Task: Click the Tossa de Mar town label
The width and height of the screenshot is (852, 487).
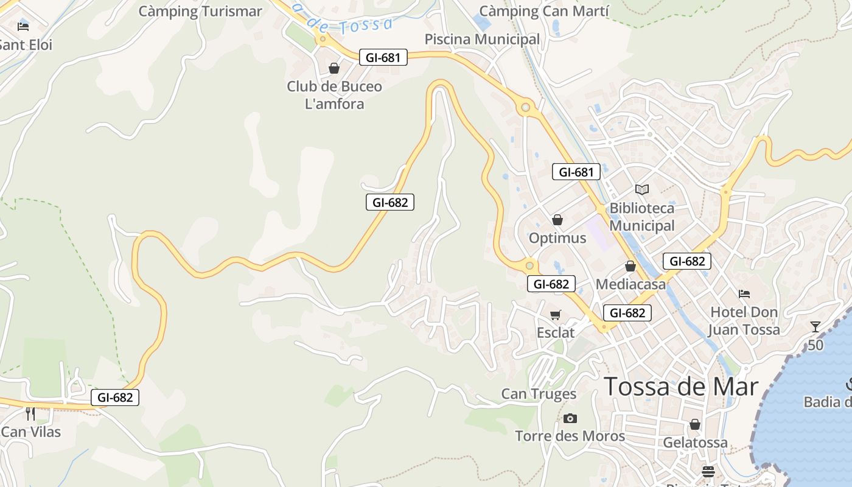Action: (681, 387)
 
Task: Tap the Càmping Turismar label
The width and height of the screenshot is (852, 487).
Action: (200, 11)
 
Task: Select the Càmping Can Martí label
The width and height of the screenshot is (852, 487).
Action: (544, 11)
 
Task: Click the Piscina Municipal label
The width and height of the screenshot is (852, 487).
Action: (482, 39)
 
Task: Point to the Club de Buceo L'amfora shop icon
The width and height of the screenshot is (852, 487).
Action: (334, 68)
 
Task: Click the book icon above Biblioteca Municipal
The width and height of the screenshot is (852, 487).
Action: (642, 189)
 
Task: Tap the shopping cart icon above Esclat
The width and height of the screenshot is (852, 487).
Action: (555, 315)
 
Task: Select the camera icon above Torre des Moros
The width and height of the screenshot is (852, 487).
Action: (570, 418)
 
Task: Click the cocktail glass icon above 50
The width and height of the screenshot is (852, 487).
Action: (815, 327)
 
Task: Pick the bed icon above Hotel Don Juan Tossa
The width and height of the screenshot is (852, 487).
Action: (744, 294)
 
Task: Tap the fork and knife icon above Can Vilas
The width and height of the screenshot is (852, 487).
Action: (30, 414)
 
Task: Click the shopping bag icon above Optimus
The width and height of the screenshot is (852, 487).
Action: (557, 220)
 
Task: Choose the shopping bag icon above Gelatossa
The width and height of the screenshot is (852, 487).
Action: (695, 424)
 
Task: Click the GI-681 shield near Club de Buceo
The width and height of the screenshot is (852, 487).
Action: (383, 58)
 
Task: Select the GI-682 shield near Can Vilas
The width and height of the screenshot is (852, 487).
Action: (115, 398)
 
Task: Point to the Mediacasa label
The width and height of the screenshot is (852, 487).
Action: (630, 284)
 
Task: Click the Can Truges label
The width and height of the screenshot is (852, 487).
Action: (539, 394)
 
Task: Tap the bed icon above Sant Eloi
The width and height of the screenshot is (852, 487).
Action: (23, 26)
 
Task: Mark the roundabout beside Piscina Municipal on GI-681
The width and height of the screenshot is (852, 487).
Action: (525, 108)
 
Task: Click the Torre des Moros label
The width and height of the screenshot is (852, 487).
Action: (570, 436)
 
